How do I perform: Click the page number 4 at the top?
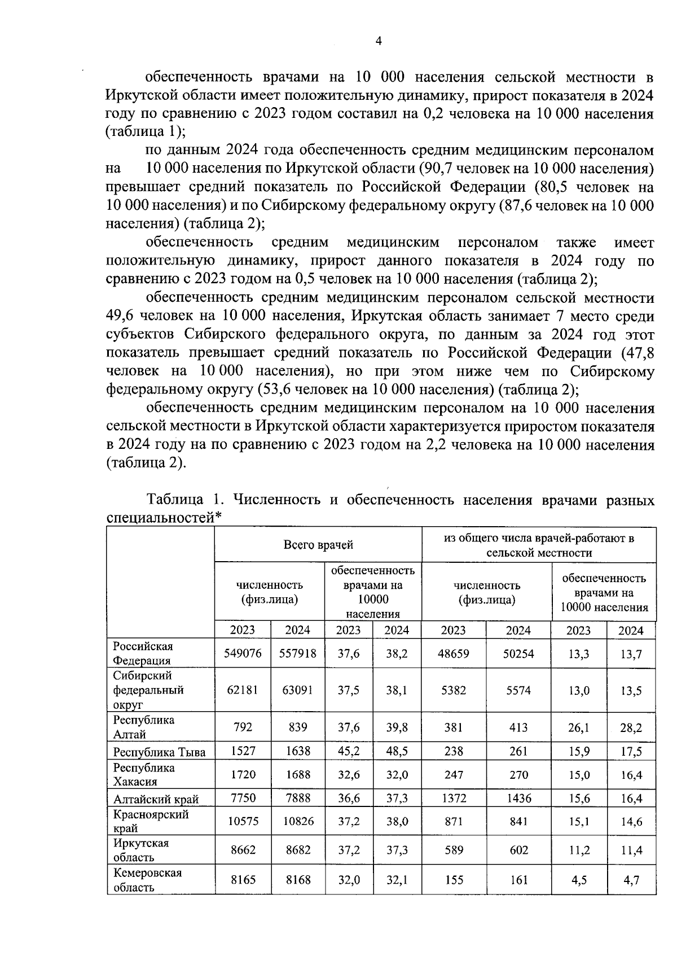pos(379,41)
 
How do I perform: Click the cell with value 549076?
pos(243,654)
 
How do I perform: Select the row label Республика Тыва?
pos(160,752)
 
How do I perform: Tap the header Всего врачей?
pos(318,545)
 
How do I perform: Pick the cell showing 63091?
pos(298,690)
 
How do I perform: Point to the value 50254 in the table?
pos(518,654)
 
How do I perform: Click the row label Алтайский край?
pos(156,799)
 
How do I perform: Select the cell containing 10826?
pos(298,821)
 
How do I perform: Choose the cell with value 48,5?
pos(397,751)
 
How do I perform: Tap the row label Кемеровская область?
pos(147,880)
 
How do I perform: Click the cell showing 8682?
pos(298,850)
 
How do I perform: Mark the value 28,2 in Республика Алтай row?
pos(631,727)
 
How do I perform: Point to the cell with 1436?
pos(518,798)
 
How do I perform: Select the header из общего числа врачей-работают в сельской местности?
pos(539,545)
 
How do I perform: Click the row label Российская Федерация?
pos(143,653)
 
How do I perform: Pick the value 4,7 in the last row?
pos(631,880)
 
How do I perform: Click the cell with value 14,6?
pos(631,821)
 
